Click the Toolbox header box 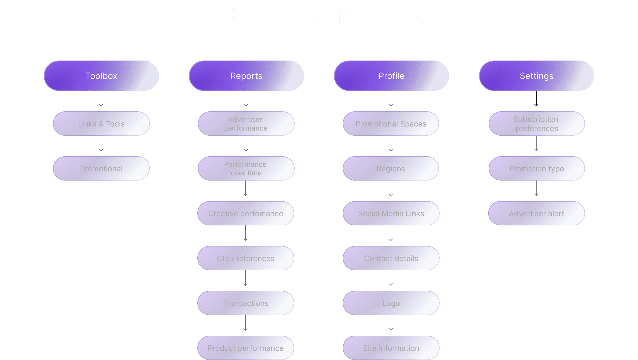101,76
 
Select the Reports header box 246,76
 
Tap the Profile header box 391,76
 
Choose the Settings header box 536,76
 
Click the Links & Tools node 101,124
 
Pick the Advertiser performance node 246,124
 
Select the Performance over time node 246,168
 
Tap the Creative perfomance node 245,213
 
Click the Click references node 245,258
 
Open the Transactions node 245,303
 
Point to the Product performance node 245,348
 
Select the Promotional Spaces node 391,124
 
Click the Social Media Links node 391,213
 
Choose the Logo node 391,303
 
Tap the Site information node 391,348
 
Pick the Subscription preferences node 537,124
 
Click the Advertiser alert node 536,213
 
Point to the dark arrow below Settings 536,99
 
